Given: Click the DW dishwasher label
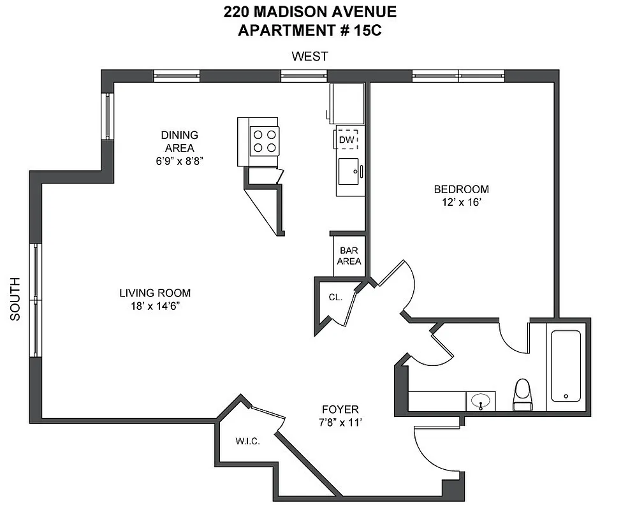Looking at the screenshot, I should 346,140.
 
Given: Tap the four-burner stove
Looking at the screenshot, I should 265,141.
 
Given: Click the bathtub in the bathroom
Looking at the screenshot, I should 566,365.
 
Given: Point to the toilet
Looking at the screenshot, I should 522,393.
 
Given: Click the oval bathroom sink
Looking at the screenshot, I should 481,402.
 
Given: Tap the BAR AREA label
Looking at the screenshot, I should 349,256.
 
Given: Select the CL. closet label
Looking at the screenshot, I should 335,297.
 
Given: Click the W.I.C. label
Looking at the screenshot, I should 247,441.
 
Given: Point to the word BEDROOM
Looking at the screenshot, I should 461,189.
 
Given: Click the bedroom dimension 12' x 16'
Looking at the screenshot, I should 461,202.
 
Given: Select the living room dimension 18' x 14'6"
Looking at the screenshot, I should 155,306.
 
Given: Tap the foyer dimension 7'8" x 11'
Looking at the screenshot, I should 340,422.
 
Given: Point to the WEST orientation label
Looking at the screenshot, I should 310,56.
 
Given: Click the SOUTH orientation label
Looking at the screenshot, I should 16,298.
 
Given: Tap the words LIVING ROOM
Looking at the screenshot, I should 155,293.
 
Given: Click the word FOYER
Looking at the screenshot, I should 340,409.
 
